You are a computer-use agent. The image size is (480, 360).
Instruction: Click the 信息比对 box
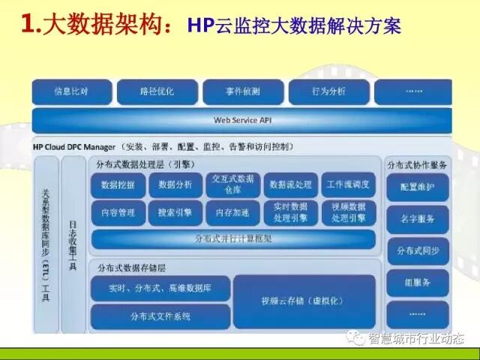71,91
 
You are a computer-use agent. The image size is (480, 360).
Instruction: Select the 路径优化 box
157,91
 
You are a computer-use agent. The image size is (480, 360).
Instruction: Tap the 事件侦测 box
242,91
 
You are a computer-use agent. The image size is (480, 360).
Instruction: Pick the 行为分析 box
328,91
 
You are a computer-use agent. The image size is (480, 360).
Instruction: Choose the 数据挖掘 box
118,184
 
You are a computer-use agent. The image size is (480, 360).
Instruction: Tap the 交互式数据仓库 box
232,184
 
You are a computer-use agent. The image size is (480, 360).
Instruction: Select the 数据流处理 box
290,184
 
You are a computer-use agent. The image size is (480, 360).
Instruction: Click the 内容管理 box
118,213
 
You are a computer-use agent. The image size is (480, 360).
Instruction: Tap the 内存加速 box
232,213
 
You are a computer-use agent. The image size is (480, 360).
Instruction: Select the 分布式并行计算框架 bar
233,239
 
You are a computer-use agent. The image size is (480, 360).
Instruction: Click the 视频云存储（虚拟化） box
304,301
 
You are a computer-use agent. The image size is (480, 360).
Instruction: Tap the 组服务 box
418,282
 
